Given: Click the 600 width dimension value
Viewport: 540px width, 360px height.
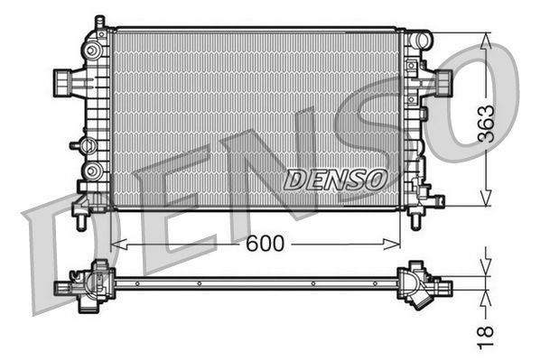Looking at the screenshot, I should (x=265, y=244).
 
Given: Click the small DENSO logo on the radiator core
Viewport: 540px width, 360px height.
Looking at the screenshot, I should (x=335, y=180).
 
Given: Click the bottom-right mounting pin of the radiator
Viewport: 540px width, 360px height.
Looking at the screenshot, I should (x=416, y=219).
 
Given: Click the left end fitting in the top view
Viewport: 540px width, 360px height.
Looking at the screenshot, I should (x=65, y=288).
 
